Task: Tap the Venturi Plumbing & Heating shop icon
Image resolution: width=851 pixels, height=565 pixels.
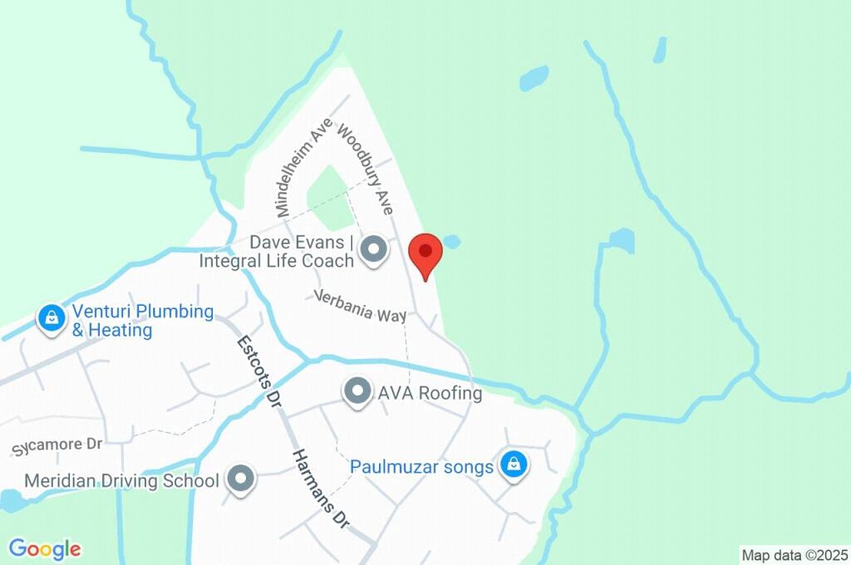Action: (52, 317)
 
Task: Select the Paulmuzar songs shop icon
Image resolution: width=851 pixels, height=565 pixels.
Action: (514, 464)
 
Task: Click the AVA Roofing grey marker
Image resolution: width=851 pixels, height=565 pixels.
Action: (357, 391)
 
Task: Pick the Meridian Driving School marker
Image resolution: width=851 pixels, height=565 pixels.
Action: (241, 479)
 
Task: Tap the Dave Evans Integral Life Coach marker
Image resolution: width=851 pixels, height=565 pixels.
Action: (375, 250)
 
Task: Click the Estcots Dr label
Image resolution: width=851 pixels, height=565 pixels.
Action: (256, 369)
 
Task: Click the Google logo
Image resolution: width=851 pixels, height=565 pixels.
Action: (45, 549)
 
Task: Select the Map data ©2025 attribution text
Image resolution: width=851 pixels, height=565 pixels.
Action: (794, 555)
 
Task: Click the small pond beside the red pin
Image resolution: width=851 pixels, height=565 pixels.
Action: (451, 242)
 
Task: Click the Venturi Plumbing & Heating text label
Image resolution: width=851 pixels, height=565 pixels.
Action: (142, 321)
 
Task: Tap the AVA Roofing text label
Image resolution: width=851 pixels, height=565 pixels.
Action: (430, 393)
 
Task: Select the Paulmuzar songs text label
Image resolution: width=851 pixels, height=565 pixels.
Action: (421, 466)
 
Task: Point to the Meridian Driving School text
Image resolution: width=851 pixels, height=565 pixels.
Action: (121, 480)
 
